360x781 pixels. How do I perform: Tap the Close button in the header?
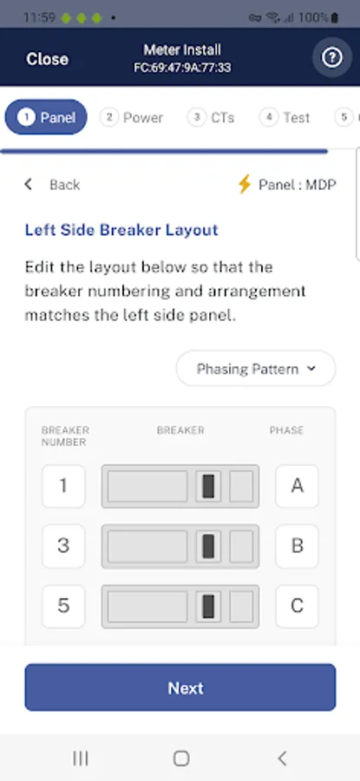coord(48,59)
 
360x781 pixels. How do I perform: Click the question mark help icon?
coord(332,58)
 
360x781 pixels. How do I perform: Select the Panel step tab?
coord(46,117)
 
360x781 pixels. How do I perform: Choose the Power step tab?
coord(132,117)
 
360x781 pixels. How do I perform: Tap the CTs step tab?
coord(211,117)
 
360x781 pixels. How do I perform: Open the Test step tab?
coord(285,117)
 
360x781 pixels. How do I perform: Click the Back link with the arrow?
coord(52,185)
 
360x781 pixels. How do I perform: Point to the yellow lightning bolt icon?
coord(244,184)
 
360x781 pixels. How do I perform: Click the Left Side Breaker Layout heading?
coord(121,230)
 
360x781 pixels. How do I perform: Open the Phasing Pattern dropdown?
coord(255,369)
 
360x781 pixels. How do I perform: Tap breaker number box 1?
coord(63,486)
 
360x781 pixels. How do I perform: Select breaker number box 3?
coord(63,546)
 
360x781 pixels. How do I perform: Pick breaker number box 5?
coord(63,607)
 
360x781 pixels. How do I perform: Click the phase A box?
coord(297,486)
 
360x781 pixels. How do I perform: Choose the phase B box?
coord(297,546)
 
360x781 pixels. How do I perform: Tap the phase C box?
coord(297,607)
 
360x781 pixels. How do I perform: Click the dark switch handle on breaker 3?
coord(208,547)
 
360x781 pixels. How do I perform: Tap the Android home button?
coord(180,758)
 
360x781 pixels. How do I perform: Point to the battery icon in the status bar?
coord(334,18)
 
